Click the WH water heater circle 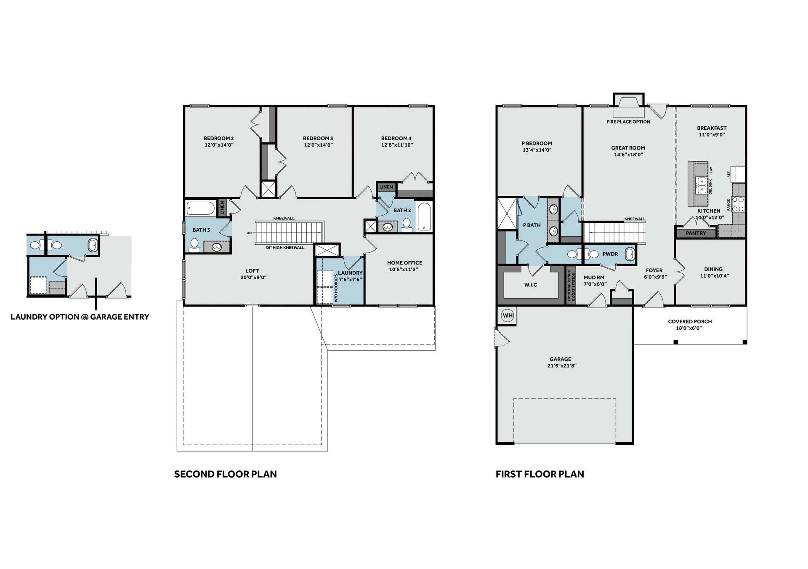tap(508, 315)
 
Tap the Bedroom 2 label tap(218, 138)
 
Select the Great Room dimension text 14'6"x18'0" tap(628, 155)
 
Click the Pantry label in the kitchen tap(696, 233)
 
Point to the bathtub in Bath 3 tap(200, 208)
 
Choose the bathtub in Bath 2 tap(425, 217)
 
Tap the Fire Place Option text tap(628, 122)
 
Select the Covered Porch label tap(690, 321)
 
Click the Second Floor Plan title tap(226, 474)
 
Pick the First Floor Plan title tap(540, 474)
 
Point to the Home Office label tap(404, 263)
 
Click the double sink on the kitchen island tap(702, 185)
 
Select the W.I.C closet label tap(531, 285)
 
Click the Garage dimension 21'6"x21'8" tap(560, 366)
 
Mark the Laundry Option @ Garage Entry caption tap(80, 317)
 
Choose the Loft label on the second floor tap(252, 271)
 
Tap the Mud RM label tap(594, 278)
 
